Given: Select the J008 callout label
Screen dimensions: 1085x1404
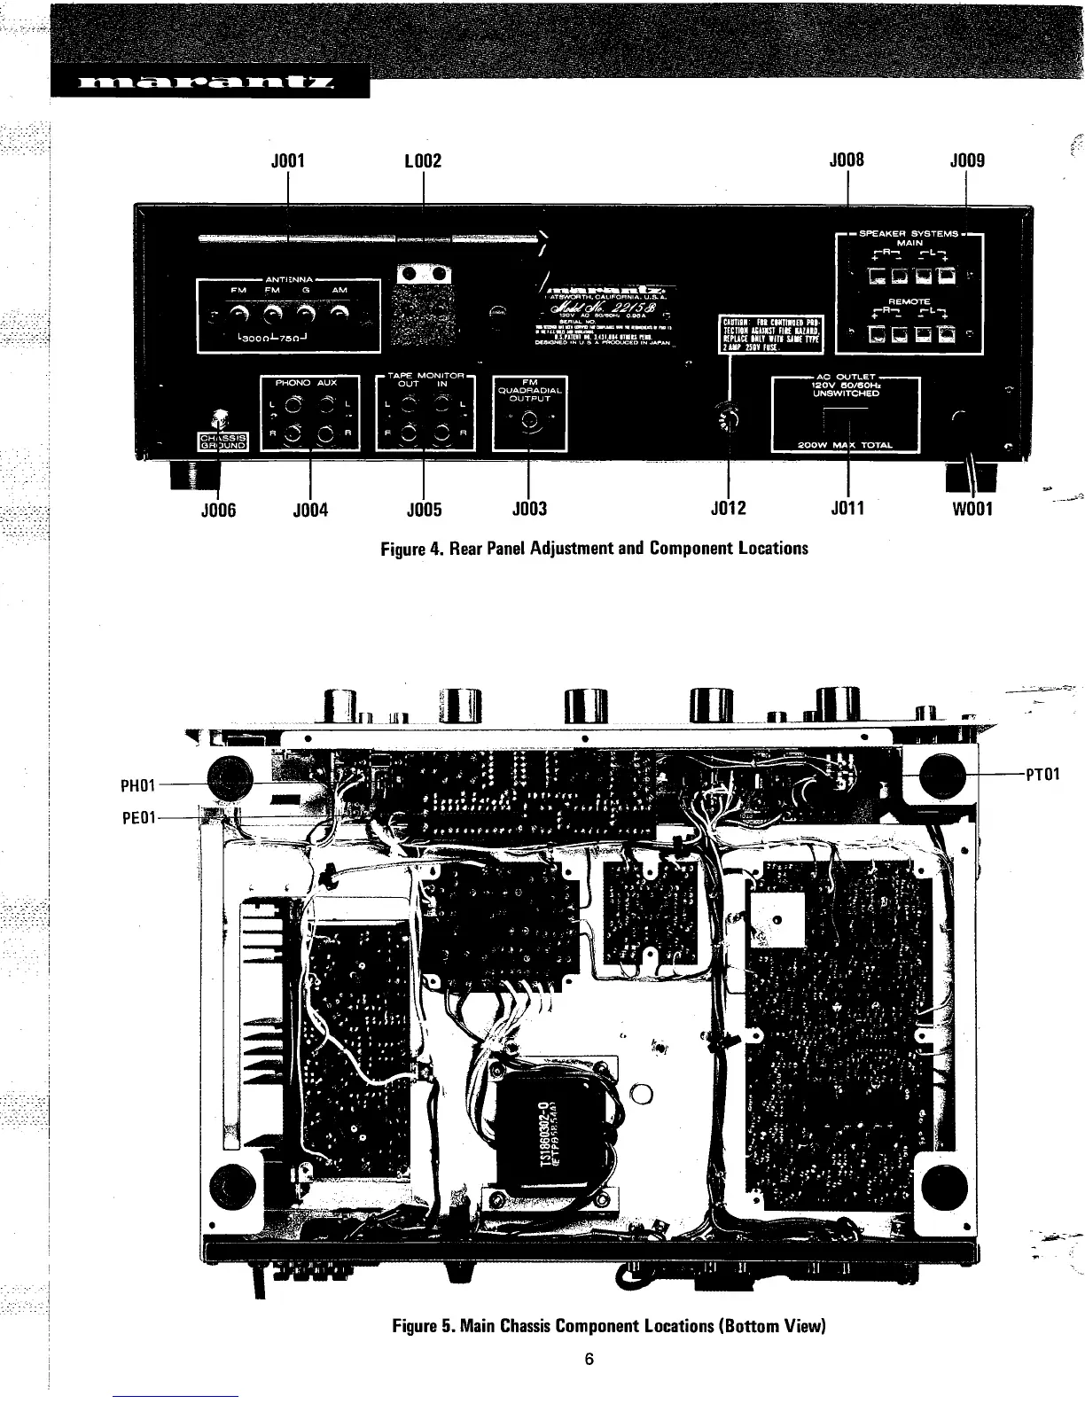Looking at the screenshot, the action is (846, 160).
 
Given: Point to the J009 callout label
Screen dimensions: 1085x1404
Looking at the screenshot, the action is (966, 161).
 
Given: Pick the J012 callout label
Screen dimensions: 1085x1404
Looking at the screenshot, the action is (729, 509).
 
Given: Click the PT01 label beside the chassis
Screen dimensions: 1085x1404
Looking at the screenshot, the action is (1042, 774).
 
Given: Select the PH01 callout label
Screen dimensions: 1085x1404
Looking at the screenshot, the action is (137, 784).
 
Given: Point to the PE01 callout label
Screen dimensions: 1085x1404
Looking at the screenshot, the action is (137, 816).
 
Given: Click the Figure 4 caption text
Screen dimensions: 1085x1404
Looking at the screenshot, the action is (594, 548).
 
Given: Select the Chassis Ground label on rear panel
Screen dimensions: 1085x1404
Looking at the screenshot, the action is (222, 441).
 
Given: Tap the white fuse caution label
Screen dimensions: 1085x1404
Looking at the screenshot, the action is (772, 333).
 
